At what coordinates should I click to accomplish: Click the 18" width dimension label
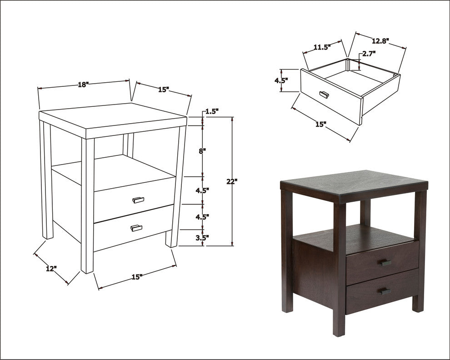coord(84,85)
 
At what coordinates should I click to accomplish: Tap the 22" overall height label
coord(232,181)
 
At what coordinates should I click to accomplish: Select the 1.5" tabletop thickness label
coord(212,111)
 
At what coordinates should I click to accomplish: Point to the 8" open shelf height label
coord(203,151)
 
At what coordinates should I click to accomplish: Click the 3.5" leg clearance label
coord(202,237)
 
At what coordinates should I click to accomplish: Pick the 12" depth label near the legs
coord(51,269)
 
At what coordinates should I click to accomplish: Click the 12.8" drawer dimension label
coord(380,41)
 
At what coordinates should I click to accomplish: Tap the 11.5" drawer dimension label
coord(322,47)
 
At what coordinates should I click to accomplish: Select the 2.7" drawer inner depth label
coord(369,53)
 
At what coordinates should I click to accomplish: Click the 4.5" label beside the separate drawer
coord(281,80)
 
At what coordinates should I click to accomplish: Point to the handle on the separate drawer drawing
coord(324,94)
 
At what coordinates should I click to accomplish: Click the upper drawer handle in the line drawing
coord(138,200)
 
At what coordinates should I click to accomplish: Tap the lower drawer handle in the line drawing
coord(136,228)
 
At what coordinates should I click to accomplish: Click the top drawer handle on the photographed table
coord(386,263)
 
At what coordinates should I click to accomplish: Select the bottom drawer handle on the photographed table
coord(386,291)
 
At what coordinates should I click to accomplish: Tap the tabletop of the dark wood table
coord(354,185)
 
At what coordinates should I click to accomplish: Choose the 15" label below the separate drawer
coord(321,124)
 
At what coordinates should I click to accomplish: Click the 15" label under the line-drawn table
coord(137,277)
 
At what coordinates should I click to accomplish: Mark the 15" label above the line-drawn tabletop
coord(164,90)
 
